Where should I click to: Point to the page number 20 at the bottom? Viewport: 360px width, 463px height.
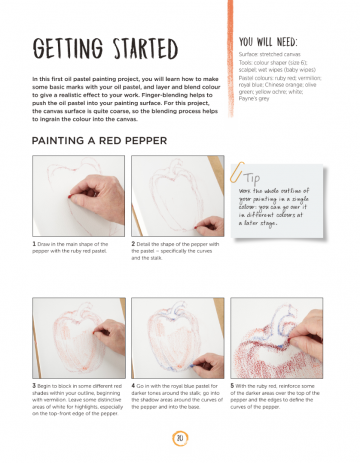tap(179, 437)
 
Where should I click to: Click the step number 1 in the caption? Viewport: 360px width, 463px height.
tap(35, 243)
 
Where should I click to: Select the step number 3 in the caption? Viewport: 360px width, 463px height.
tap(35, 384)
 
